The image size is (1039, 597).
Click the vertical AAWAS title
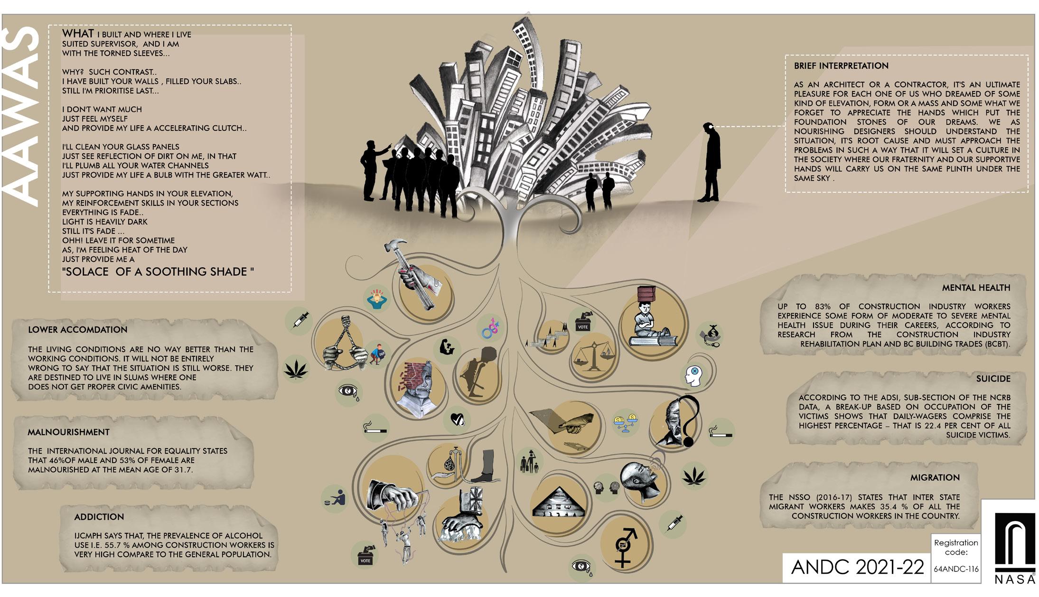coord(21,116)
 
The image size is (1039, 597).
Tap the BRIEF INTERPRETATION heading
coord(841,66)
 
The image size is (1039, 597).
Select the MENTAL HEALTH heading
coord(975,288)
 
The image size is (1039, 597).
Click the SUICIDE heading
coord(993,379)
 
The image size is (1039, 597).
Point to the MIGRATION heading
coord(935,477)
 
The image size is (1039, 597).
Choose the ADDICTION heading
coord(99,517)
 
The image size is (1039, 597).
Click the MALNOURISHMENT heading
coord(68,432)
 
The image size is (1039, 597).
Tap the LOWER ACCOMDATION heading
coord(77,330)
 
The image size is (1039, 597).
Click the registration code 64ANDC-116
coord(955,569)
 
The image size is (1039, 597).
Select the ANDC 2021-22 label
coord(857,567)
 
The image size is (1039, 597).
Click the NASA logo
coord(1014,548)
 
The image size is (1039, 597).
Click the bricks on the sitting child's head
coord(646,294)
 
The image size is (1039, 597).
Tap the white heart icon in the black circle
coord(457,420)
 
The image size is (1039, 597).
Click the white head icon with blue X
coord(693,375)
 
